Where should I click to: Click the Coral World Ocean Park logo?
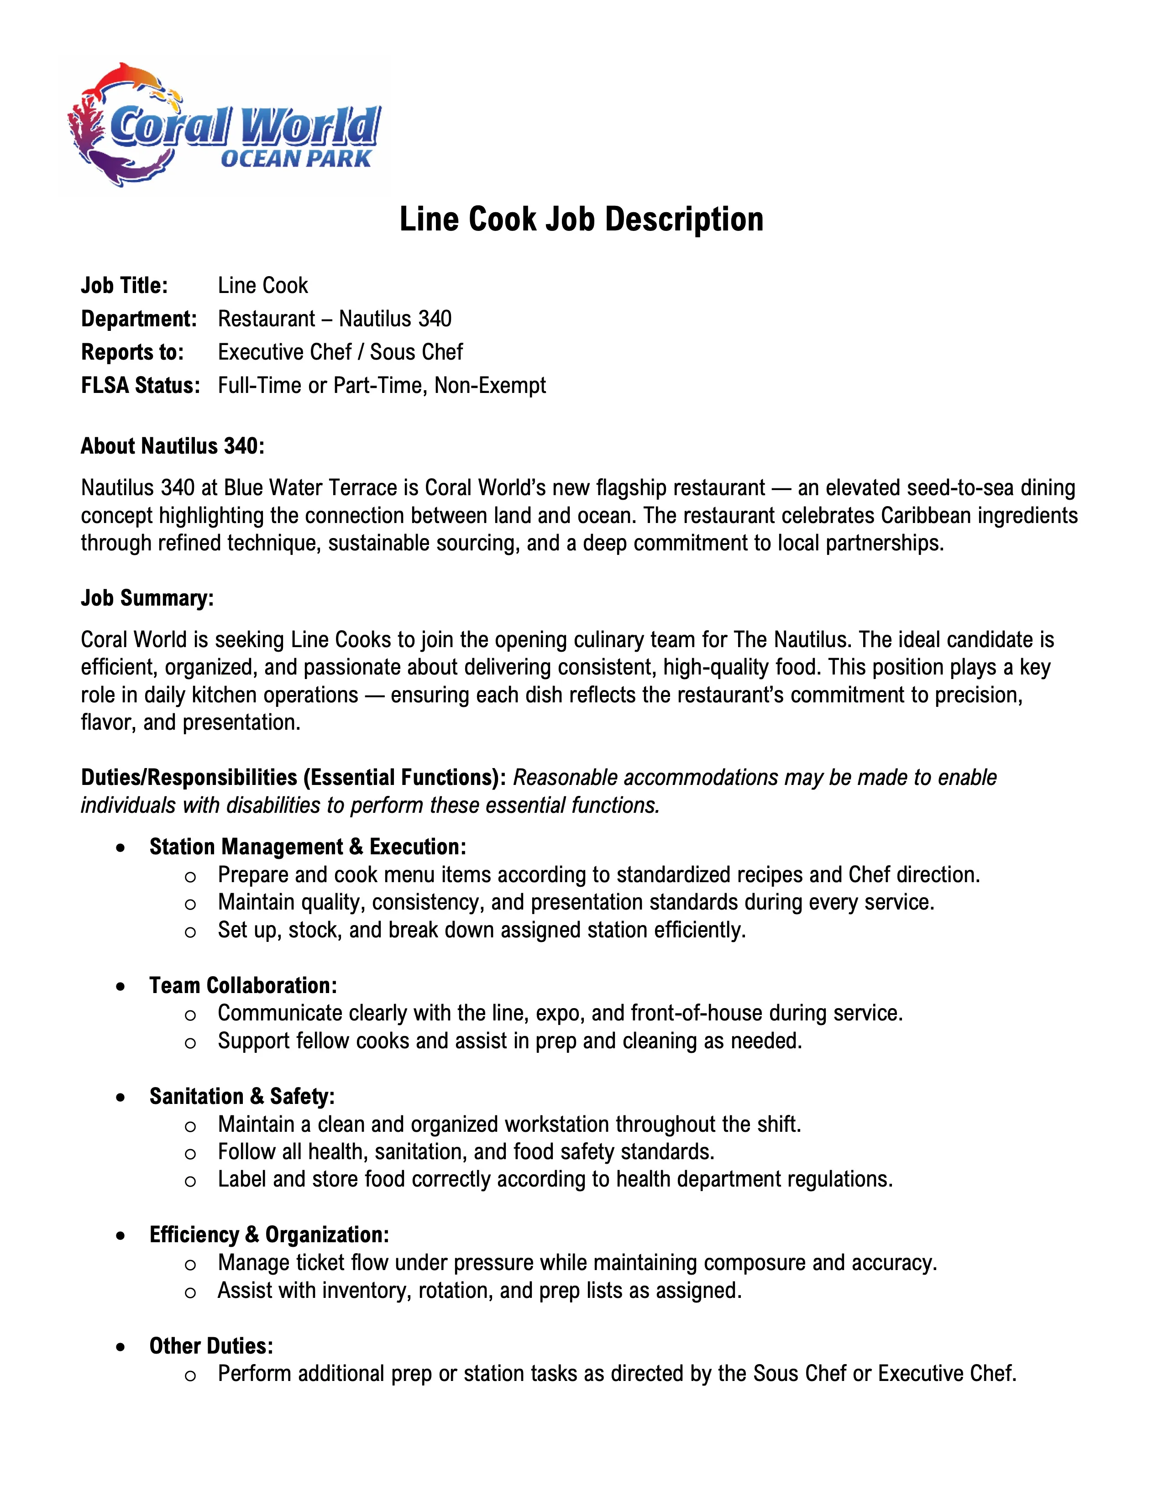click(225, 127)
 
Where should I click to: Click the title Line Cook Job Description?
click(581, 219)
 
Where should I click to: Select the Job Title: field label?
click(124, 286)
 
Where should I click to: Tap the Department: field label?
click(139, 319)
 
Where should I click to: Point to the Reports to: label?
click(132, 352)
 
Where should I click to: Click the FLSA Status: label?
click(141, 385)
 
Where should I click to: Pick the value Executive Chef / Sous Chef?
click(340, 352)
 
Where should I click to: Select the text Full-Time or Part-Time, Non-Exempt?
click(381, 385)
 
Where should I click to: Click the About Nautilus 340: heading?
click(173, 446)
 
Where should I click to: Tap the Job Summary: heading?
click(147, 598)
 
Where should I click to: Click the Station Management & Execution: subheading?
click(308, 847)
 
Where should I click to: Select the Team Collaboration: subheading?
click(243, 985)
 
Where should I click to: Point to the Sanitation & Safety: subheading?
click(241, 1096)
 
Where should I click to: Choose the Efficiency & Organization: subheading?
click(269, 1235)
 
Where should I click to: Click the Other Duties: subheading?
click(211, 1346)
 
